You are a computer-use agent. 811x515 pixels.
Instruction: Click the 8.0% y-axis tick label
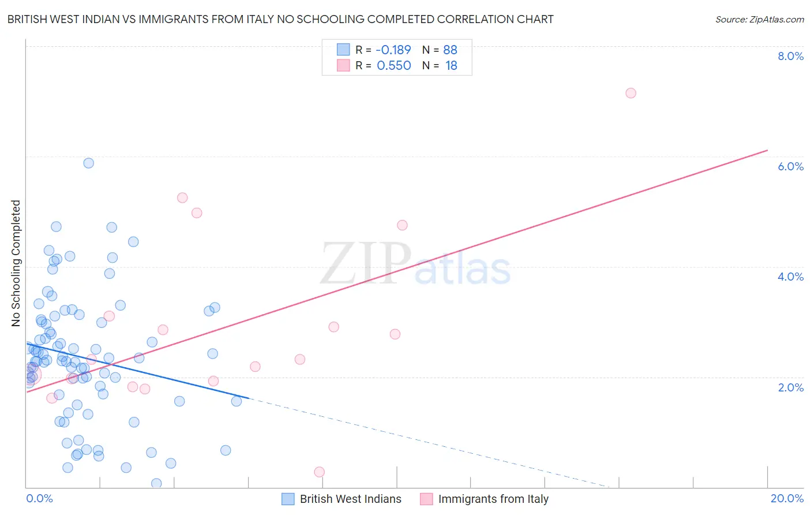point(790,56)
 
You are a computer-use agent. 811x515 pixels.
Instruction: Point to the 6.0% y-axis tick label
point(790,166)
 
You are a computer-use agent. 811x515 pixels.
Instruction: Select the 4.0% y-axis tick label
point(790,277)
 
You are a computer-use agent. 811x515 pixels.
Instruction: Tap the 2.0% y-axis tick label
point(790,387)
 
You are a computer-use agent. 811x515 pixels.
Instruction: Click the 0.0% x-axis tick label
point(39,498)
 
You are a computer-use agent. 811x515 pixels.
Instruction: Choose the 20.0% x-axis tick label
point(787,498)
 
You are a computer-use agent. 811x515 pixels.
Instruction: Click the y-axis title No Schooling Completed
point(16,263)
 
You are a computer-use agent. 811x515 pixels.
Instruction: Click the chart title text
point(280,19)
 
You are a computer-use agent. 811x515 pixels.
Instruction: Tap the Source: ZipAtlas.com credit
point(759,19)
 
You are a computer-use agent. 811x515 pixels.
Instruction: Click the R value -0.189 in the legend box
point(393,50)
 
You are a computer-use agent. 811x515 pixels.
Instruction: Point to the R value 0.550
point(393,66)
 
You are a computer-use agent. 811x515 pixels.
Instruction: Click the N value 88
point(450,50)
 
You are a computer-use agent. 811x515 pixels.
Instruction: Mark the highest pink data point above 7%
point(630,93)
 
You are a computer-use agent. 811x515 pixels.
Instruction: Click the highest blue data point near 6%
point(88,163)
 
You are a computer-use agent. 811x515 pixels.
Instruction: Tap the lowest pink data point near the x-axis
point(319,472)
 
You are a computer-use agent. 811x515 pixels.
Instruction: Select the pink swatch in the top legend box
point(343,65)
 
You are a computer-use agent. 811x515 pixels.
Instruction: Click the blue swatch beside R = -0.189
point(343,50)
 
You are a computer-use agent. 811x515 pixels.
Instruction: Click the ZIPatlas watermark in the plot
point(415,264)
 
